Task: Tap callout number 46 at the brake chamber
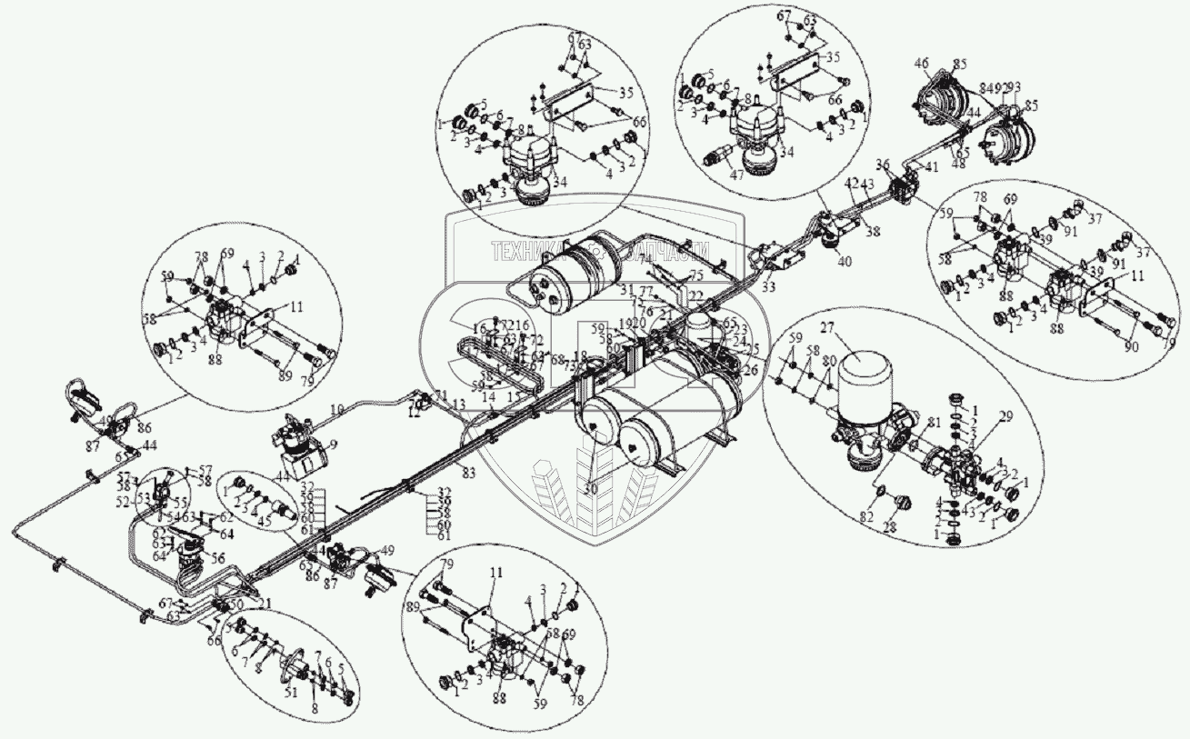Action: click(x=921, y=64)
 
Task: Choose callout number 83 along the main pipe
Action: click(x=469, y=472)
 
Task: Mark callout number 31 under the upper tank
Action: click(x=625, y=290)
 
